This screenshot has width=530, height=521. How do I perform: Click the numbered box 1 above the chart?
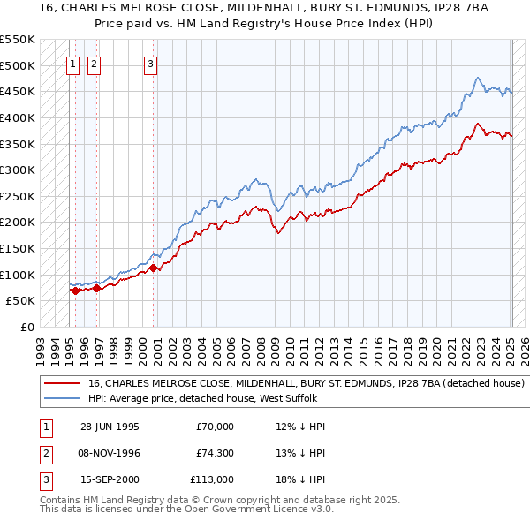click(72, 63)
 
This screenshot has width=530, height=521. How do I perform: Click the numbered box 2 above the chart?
click(94, 63)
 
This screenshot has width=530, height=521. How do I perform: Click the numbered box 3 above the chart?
click(151, 63)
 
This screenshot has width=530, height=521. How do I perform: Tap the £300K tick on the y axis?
click(18, 170)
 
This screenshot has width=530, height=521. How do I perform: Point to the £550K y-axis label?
click(18, 40)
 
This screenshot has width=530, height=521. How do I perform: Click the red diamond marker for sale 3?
click(153, 268)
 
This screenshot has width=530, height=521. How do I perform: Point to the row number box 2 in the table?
click(43, 453)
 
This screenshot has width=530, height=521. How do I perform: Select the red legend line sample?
click(61, 384)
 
